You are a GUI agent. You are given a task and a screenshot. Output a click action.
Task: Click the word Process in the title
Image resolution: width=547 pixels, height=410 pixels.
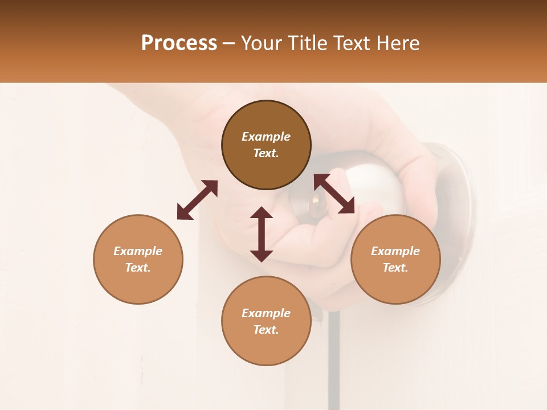(179, 43)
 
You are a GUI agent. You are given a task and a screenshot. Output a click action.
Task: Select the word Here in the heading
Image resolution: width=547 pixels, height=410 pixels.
(397, 43)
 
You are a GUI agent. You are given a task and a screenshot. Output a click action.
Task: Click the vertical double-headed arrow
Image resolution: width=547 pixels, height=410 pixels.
(262, 234)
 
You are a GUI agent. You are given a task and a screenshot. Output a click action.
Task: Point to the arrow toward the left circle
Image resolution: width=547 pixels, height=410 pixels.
(197, 200)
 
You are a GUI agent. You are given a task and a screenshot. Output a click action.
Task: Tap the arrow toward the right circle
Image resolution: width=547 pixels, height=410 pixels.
(334, 194)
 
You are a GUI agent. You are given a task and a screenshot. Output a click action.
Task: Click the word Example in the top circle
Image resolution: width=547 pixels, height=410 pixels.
(266, 137)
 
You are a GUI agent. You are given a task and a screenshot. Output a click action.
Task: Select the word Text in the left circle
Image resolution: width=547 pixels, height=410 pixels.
(137, 268)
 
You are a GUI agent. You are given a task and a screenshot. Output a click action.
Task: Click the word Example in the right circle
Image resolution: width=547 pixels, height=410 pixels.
(395, 251)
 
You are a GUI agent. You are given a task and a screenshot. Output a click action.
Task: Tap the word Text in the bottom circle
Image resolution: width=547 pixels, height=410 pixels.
(266, 330)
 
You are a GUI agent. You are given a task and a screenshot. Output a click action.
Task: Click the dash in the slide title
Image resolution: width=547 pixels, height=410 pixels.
(229, 43)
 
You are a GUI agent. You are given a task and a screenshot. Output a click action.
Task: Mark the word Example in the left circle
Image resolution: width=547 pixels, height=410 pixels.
(138, 251)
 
